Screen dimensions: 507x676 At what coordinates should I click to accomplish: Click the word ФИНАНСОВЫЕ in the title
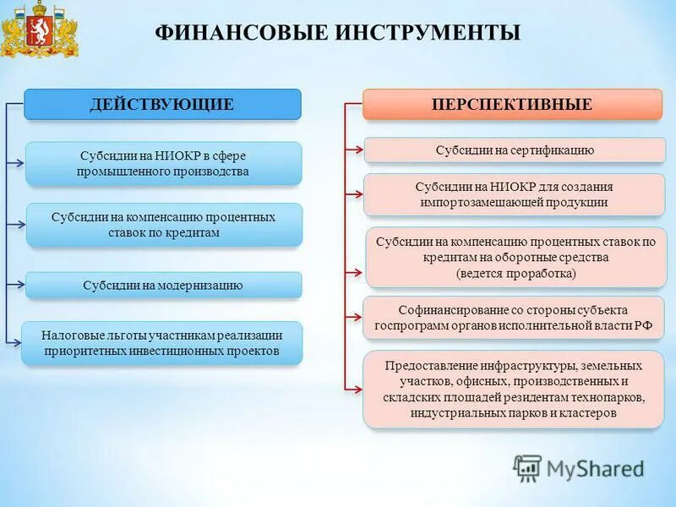pyautogui.click(x=227, y=33)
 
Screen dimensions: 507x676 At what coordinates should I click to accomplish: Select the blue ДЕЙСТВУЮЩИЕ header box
pyautogui.click(x=162, y=105)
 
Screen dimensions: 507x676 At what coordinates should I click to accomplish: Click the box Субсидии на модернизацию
pyautogui.click(x=163, y=286)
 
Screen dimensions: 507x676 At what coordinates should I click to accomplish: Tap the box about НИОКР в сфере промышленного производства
pyautogui.click(x=163, y=164)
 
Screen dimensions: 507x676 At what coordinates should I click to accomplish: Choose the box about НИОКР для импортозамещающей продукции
pyautogui.click(x=515, y=194)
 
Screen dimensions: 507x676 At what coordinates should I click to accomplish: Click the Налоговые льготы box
pyautogui.click(x=161, y=343)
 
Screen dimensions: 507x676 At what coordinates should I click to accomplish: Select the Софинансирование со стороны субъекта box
pyautogui.click(x=515, y=318)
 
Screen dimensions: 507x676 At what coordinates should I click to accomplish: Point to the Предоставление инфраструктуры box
pyautogui.click(x=515, y=390)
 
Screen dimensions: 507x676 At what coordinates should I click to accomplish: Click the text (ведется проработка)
pyautogui.click(x=515, y=273)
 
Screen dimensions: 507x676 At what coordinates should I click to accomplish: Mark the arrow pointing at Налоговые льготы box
pyautogui.click(x=14, y=341)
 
